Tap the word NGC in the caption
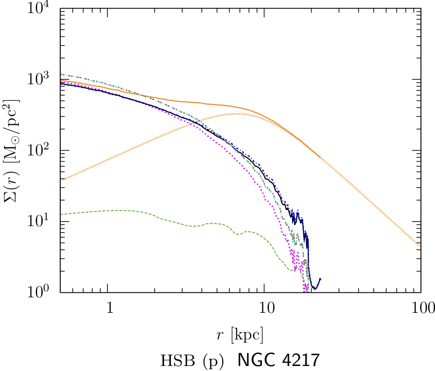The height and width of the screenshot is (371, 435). point(255,360)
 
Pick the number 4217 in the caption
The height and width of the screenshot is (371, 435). point(299,360)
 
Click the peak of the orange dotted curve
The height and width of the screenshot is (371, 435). point(236,114)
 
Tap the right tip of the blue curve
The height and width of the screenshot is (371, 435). point(320,279)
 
